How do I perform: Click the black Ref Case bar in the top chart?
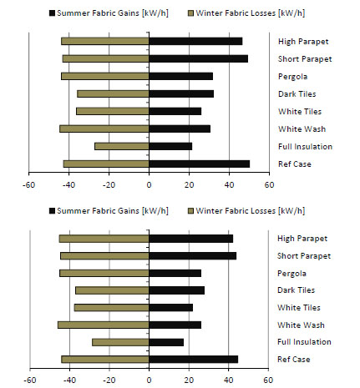click(x=200, y=164)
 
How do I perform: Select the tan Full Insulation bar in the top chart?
click(x=122, y=146)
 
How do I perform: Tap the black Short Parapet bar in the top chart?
click(x=199, y=58)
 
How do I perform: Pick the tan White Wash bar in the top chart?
click(x=104, y=128)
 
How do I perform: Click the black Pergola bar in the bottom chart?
click(x=175, y=273)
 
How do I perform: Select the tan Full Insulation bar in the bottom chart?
click(x=120, y=342)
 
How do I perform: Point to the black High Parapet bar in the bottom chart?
click(x=191, y=239)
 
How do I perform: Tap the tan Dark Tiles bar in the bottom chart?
click(x=112, y=290)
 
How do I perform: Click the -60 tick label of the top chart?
click(x=28, y=185)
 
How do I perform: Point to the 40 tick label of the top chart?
click(x=229, y=185)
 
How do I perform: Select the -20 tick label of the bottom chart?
click(x=109, y=380)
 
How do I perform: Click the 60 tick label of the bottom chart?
click(x=268, y=380)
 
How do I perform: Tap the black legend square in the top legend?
click(x=52, y=13)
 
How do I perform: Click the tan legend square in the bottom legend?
click(x=190, y=211)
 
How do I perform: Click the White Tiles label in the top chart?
click(x=300, y=112)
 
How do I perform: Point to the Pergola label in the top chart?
click(x=293, y=77)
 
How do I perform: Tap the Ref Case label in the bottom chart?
click(x=294, y=359)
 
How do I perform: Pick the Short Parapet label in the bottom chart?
click(x=304, y=256)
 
